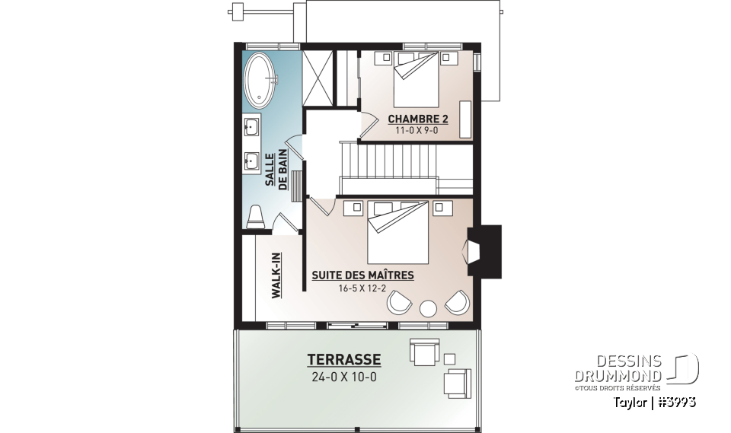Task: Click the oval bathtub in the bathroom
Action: (261, 80)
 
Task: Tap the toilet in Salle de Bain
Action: (257, 216)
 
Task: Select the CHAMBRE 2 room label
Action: (417, 119)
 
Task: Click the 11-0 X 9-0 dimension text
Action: (417, 131)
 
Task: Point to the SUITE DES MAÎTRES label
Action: (362, 275)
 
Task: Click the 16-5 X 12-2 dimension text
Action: (362, 288)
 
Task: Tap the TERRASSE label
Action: (344, 359)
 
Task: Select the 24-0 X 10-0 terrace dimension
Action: (344, 376)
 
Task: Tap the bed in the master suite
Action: (398, 232)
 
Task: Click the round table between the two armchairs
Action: (428, 308)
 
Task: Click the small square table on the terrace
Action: (449, 358)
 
